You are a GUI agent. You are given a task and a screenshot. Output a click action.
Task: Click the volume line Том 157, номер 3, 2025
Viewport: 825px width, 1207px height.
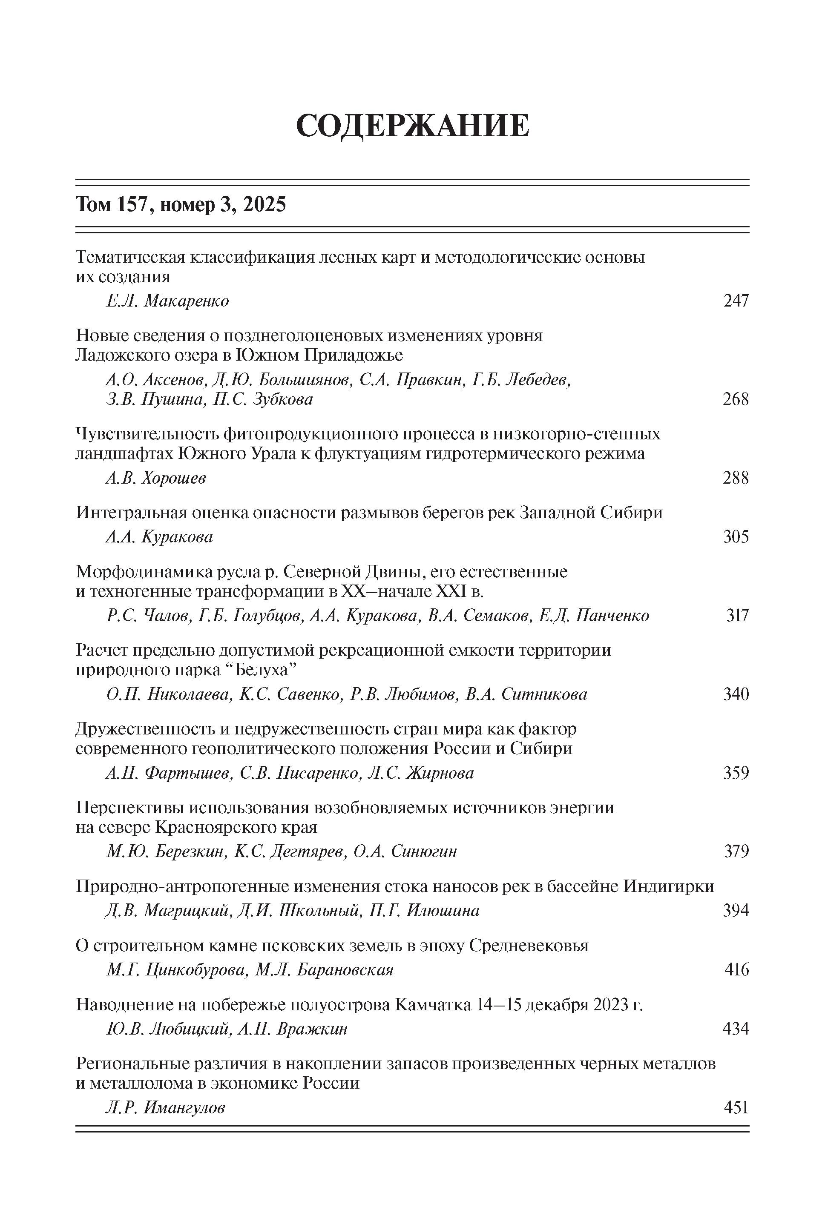181,205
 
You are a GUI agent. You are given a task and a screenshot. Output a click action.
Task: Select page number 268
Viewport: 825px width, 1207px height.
736,399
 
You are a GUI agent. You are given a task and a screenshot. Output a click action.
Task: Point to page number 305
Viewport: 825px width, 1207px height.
736,537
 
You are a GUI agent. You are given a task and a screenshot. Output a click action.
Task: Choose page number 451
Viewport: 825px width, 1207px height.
736,1108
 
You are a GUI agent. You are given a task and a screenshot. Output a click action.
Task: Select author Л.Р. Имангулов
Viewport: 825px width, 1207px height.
166,1108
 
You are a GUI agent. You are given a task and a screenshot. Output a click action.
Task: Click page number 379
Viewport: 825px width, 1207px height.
736,852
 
